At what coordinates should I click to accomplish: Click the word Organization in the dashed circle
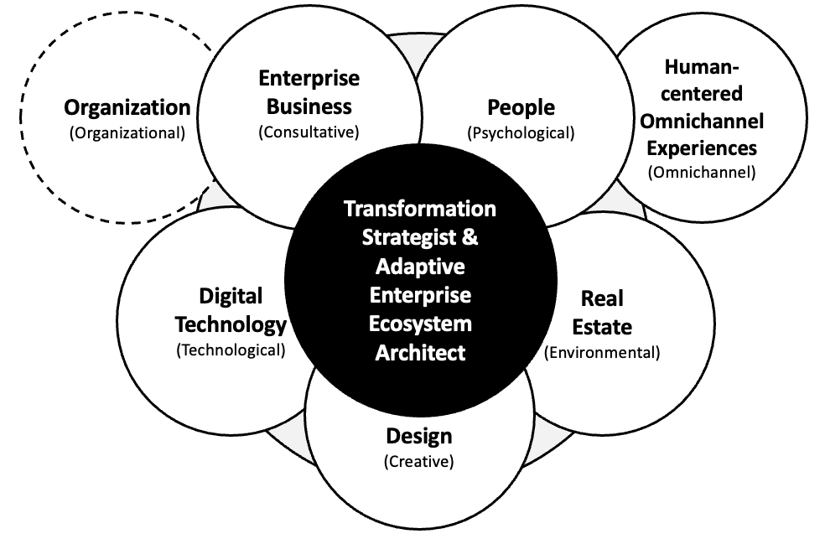coord(127,108)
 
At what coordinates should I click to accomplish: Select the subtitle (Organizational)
coord(127,132)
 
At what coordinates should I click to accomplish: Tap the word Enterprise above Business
coord(309,79)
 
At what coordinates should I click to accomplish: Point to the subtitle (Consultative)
coord(309,132)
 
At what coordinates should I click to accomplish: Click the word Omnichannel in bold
coord(702,122)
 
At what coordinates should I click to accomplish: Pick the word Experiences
coord(702,148)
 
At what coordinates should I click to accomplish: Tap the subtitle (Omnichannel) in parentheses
coord(702,173)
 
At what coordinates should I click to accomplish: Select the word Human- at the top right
coord(702,67)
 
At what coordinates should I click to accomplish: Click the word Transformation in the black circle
coord(420,208)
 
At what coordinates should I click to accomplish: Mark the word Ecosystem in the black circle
coord(420,324)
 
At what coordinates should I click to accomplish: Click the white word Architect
coord(420,353)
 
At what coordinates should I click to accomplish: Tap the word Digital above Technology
coord(231,296)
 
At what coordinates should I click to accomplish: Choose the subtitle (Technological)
coord(231,350)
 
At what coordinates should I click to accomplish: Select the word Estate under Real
coord(602,327)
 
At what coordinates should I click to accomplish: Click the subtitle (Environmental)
coord(602,352)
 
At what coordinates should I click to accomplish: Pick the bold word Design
coord(418,437)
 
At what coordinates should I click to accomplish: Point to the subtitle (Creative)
coord(418,461)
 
